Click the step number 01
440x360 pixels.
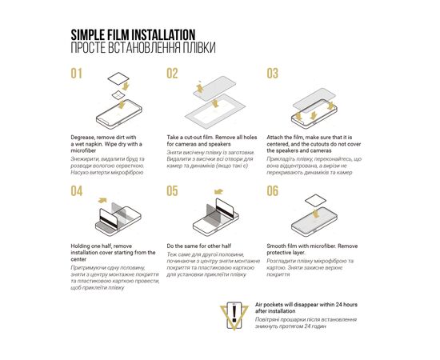76,74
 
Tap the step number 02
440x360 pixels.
172,74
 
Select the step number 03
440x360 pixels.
273,74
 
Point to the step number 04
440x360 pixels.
77,191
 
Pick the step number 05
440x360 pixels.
172,191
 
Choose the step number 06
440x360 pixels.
273,191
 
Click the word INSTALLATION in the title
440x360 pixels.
163,35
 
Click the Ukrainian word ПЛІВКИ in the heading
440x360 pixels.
199,48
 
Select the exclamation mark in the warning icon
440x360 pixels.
234,314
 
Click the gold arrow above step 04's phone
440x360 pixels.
102,200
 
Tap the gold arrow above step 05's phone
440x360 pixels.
218,192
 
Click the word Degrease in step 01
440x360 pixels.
82,138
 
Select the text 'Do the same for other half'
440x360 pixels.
199,246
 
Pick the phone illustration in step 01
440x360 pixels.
118,114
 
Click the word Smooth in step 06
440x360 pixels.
276,246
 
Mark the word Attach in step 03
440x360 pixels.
274,138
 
